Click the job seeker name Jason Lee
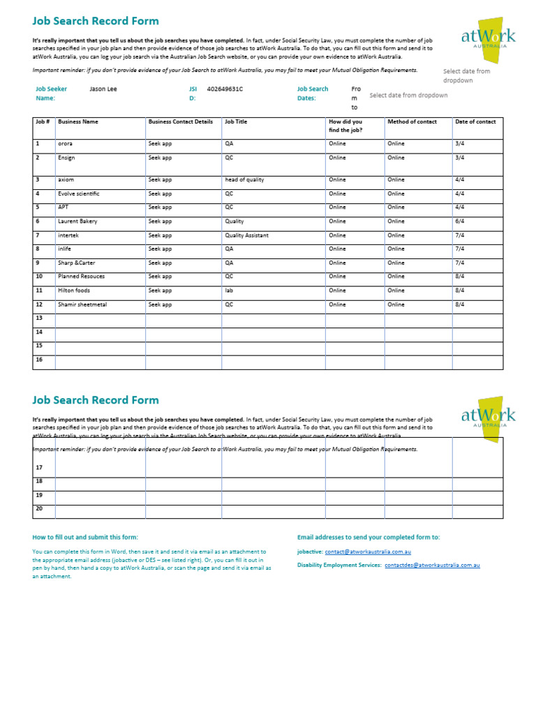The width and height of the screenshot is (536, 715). [x=103, y=89]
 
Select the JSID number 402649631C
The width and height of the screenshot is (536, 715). [x=225, y=89]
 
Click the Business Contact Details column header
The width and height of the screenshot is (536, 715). [x=180, y=121]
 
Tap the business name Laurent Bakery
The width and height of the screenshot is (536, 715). [x=77, y=221]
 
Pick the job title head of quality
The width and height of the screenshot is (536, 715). [x=244, y=179]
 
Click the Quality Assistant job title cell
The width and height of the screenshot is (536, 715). [x=246, y=235]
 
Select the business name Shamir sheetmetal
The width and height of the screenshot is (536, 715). [x=82, y=304]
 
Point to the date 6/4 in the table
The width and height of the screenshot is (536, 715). [x=459, y=221]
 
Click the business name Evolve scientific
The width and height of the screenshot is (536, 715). [x=79, y=193]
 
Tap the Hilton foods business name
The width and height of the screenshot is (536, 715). [x=74, y=290]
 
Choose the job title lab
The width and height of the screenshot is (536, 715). [x=228, y=290]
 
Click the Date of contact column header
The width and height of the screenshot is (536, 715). [x=475, y=121]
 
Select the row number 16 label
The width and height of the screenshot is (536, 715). [x=39, y=360]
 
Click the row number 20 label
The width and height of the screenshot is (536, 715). [x=39, y=508]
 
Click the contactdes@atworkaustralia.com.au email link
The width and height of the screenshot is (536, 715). [x=432, y=565]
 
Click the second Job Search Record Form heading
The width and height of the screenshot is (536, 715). [x=96, y=400]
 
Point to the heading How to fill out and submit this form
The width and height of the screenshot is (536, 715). [x=85, y=537]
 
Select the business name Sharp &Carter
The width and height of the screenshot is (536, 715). [x=77, y=263]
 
